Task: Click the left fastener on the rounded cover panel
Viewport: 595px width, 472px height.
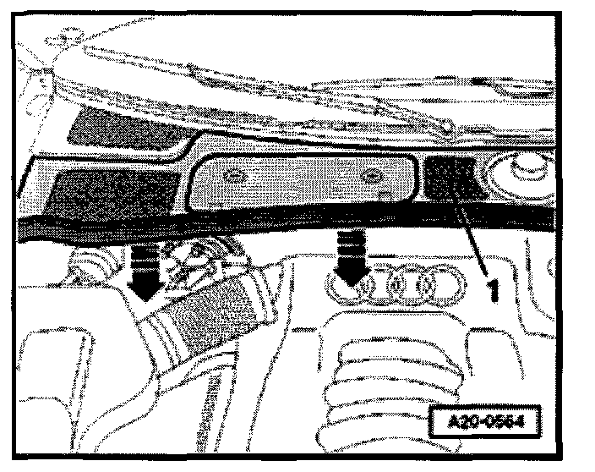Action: (235, 178)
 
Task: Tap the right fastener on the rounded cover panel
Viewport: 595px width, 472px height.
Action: (369, 176)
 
